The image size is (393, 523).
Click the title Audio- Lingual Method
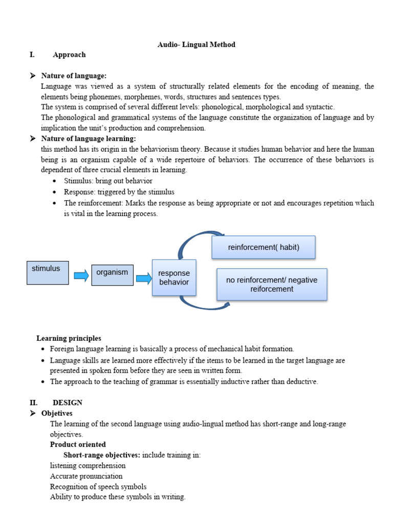pyautogui.click(x=196, y=44)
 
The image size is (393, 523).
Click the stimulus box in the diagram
pyautogui.click(x=48, y=272)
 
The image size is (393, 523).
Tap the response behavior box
pyautogui.click(x=174, y=277)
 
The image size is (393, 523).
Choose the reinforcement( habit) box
pyautogui.click(x=264, y=247)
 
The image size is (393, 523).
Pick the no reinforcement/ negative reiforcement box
pyautogui.click(x=272, y=284)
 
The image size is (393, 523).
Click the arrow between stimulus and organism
pyautogui.click(x=81, y=276)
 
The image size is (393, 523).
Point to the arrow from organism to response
pyautogui.click(x=144, y=278)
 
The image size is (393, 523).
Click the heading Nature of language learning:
pyautogui.click(x=88, y=139)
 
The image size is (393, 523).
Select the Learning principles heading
pyautogui.click(x=69, y=338)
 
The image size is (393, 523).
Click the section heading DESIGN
pyautogui.click(x=67, y=403)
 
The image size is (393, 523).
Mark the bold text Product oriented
pyautogui.click(x=78, y=444)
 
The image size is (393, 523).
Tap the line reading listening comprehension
pyautogui.click(x=88, y=465)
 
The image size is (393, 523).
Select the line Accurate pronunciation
pyautogui.click(x=86, y=476)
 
